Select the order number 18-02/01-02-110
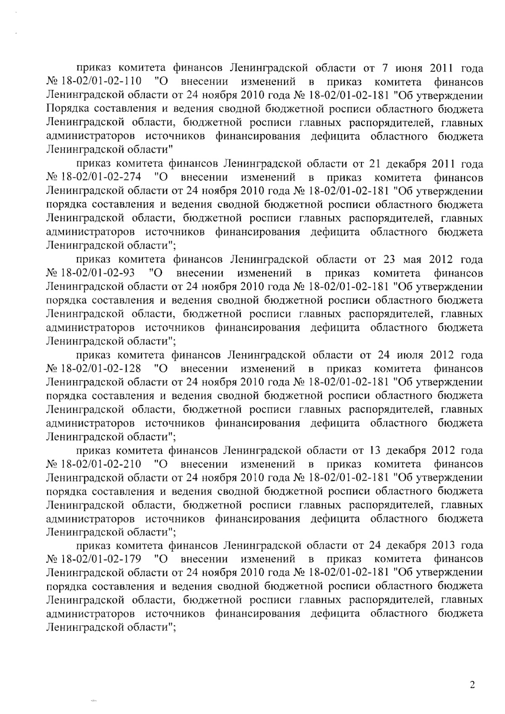(101, 81)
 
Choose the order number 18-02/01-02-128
(101, 368)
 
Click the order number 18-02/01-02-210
(101, 464)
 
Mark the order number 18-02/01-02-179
(101, 559)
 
